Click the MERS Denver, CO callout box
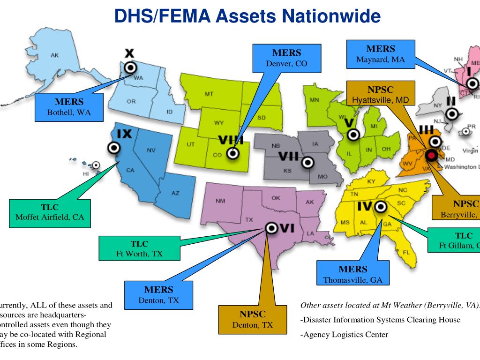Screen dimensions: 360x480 [x=286, y=58]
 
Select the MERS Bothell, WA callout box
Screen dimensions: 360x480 [x=69, y=107]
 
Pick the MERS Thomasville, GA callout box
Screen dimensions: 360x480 [x=353, y=274]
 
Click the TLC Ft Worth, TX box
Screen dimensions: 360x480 [x=139, y=248]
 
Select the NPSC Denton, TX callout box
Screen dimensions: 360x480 [x=253, y=319]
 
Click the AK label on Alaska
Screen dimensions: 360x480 [x=55, y=55]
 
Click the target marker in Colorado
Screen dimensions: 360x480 [x=232, y=153]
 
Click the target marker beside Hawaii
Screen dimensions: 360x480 [x=96, y=165]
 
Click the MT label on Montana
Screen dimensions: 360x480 [x=209, y=94]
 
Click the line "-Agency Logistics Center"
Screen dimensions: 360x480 [x=344, y=335]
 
